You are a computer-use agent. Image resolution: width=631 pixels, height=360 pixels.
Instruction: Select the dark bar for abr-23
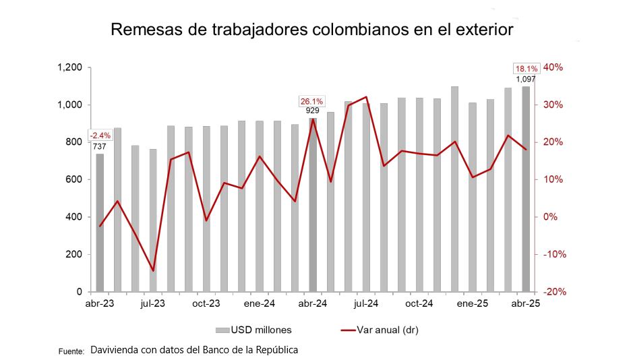100,222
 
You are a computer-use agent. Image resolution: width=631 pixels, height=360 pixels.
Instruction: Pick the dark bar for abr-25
526,189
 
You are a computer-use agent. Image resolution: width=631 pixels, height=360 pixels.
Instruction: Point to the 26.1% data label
311,101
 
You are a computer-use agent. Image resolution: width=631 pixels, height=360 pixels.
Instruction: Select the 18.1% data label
527,68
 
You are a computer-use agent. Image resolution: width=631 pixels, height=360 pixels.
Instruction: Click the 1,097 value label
526,79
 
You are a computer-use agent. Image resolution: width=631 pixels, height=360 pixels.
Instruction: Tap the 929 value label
312,111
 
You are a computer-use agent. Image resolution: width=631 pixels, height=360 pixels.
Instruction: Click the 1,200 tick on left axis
69,67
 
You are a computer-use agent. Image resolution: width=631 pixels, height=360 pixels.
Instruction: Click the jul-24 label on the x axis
365,303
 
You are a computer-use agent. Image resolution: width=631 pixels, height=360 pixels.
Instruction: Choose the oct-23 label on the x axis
206,303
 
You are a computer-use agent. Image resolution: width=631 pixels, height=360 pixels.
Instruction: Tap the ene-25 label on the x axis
473,303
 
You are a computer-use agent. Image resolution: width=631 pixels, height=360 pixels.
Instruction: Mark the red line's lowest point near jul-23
153,271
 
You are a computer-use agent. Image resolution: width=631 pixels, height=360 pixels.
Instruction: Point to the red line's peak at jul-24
365,97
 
